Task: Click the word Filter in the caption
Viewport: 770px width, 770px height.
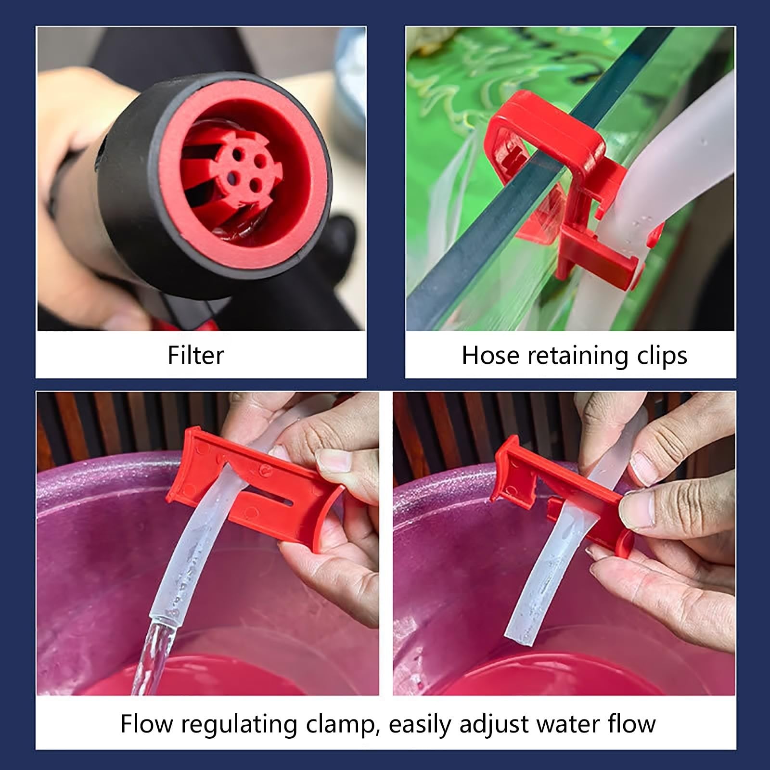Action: pyautogui.click(x=196, y=355)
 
